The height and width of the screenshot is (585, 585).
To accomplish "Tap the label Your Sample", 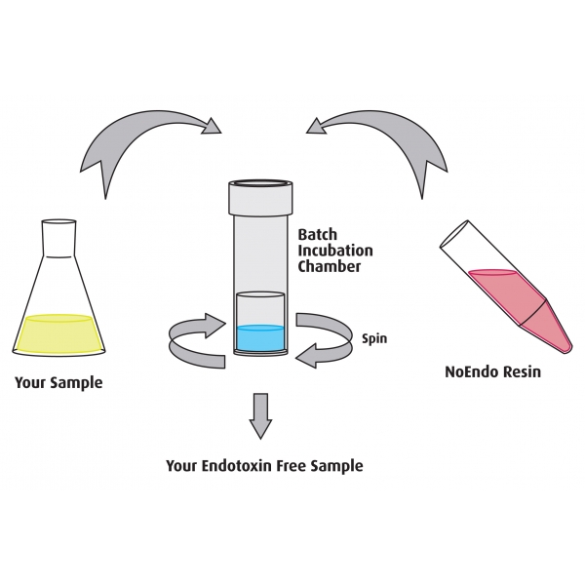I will tap(58, 382).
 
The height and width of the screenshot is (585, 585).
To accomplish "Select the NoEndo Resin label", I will tap(492, 372).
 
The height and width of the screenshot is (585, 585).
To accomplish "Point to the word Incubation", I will tap(332, 251).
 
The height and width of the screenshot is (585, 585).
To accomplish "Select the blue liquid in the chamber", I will tap(259, 338).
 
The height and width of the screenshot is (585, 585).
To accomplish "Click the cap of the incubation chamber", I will tap(259, 197).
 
